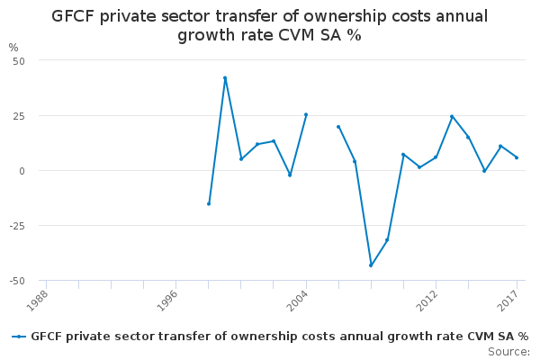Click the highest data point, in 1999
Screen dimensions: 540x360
[225, 78]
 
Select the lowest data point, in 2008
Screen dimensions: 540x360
[371, 265]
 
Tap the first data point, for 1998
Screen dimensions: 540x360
[209, 204]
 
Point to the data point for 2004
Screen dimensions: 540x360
[306, 114]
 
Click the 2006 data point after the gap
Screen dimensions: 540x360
[338, 127]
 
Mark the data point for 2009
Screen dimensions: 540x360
[387, 240]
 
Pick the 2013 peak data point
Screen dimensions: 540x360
[452, 116]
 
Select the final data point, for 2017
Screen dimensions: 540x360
[517, 157]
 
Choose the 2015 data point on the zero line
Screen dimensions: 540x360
[484, 171]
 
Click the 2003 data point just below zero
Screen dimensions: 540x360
[290, 175]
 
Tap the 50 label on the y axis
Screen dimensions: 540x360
[19, 61]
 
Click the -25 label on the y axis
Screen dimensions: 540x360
[18, 226]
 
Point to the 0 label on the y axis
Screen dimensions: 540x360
[22, 171]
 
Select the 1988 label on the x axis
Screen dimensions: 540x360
[37, 301]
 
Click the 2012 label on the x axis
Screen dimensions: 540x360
[427, 301]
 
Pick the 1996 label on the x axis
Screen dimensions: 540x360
[167, 301]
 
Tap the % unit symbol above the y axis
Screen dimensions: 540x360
[13, 48]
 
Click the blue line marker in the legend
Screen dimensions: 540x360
[19, 337]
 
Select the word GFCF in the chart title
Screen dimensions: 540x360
[73, 16]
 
